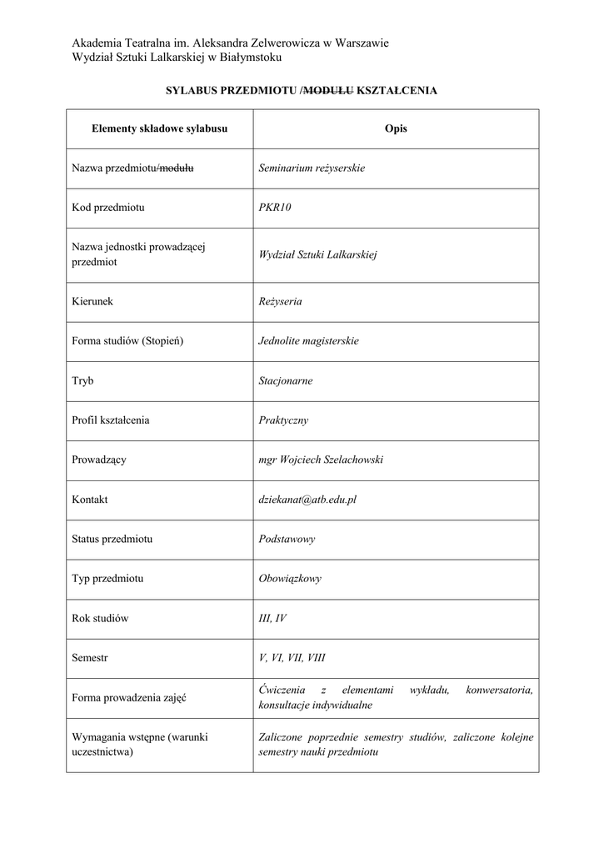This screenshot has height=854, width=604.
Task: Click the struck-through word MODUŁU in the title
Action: pos(329,90)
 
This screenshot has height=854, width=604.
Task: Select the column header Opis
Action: pos(396,128)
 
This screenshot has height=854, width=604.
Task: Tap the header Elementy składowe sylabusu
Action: pos(159,128)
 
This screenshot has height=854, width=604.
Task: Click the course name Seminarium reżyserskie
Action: pos(312,168)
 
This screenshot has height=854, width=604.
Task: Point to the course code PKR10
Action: pos(275,208)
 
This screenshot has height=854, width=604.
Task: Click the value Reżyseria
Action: pos(280,301)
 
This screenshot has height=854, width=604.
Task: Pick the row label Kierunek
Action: pos(92,301)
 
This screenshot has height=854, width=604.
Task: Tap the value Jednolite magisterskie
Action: pos(308,341)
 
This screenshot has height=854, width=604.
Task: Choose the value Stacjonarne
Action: pos(286,380)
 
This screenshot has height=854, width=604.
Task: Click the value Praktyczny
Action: pos(283,420)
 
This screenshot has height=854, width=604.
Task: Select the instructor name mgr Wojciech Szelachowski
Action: pos(321,460)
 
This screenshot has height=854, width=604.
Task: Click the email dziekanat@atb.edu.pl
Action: pos(307,500)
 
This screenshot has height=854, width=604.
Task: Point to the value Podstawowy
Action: pos(287,539)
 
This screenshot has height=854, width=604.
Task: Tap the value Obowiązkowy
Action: pos(290,578)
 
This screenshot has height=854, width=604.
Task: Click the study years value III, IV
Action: pos(272,618)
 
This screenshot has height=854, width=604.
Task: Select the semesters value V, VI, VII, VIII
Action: pos(292,657)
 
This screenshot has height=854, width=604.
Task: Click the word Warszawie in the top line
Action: pos(362,43)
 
